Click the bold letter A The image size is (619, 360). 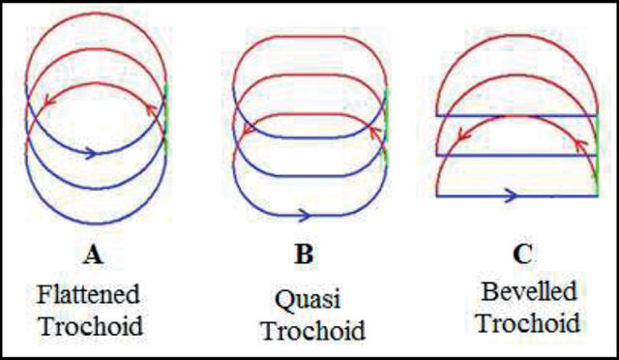point(93,255)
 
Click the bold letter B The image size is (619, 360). point(304,255)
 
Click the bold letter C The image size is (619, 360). point(522,255)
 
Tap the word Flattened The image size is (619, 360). point(88,294)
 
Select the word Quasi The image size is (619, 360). point(308,300)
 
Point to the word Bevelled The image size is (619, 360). point(529,291)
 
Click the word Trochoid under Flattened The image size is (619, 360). point(91,326)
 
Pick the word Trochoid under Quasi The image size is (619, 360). point(313,330)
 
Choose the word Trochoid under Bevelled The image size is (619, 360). point(529,323)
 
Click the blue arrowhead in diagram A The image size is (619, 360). point(91,153)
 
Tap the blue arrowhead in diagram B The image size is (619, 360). point(304,216)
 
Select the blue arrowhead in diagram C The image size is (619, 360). point(511,195)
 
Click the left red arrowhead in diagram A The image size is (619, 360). point(48,101)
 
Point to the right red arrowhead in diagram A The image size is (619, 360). point(152,109)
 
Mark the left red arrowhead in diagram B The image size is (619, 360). point(248,130)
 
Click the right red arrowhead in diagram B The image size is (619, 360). point(374,133)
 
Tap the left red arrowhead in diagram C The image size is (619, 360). point(463,135)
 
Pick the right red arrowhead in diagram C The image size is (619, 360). point(580,145)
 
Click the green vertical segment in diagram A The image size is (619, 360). point(165,116)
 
